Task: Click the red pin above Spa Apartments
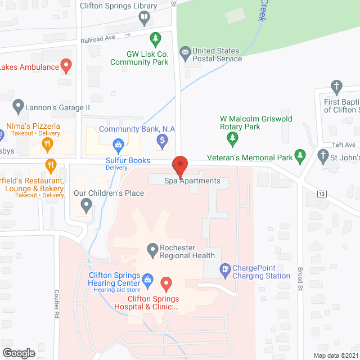click(x=180, y=166)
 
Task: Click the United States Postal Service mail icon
click(x=184, y=54)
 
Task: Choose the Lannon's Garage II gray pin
click(x=19, y=106)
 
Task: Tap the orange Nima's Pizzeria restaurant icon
click(x=48, y=143)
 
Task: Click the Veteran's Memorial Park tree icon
click(x=300, y=155)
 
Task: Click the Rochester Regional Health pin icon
click(x=152, y=249)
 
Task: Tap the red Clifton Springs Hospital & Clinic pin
click(x=165, y=283)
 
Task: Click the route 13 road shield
click(x=322, y=194)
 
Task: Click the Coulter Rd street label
click(x=57, y=304)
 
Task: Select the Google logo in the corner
click(x=19, y=353)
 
